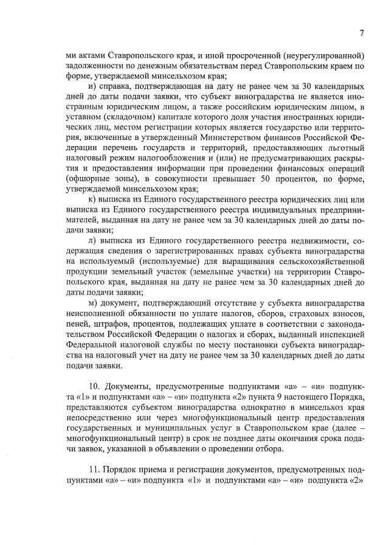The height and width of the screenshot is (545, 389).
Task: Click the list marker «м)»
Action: pyautogui.click(x=92, y=303)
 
